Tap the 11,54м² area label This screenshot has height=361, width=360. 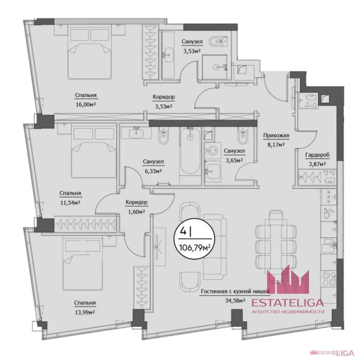pyautogui.click(x=70, y=203)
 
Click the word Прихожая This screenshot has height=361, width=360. pyautogui.click(x=276, y=137)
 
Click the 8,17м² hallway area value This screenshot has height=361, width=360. pyautogui.click(x=276, y=145)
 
